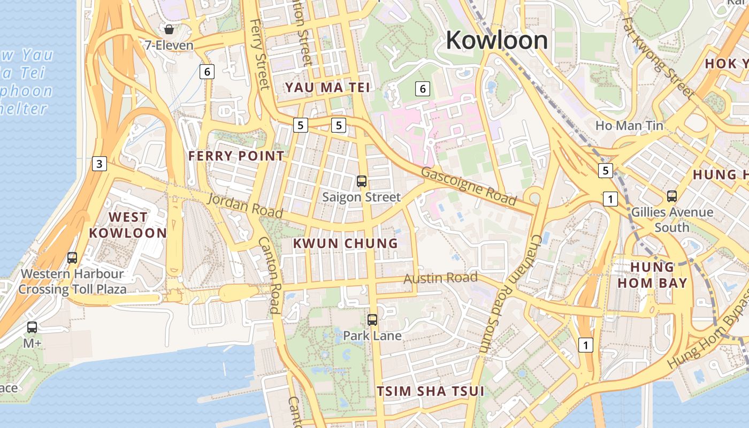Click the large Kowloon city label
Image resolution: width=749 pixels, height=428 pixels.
tap(497, 40)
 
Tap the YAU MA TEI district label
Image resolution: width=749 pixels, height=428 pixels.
tap(327, 87)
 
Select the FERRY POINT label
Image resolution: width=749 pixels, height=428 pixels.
tap(236, 156)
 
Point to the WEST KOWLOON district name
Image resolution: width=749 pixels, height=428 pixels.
tap(128, 225)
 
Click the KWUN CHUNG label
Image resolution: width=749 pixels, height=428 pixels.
tap(346, 243)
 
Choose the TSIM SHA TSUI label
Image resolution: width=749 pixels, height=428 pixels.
tap(430, 391)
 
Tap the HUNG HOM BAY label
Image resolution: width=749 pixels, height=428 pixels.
tap(652, 275)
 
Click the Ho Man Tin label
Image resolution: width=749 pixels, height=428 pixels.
tap(629, 126)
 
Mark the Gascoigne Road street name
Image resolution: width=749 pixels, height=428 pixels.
tap(469, 186)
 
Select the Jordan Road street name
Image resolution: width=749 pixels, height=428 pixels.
tap(244, 205)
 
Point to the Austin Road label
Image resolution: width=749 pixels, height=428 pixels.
tap(440, 278)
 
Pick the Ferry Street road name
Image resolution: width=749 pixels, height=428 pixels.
tap(259, 54)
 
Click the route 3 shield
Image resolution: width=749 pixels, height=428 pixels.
tap(99, 164)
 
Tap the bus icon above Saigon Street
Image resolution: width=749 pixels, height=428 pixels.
tap(362, 181)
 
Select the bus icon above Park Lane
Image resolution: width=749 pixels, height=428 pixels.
tap(372, 320)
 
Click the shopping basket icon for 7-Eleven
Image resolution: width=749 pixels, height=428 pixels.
tap(169, 29)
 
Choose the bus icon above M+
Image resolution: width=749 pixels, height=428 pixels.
tap(32, 327)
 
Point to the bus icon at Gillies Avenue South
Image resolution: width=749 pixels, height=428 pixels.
tap(672, 196)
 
